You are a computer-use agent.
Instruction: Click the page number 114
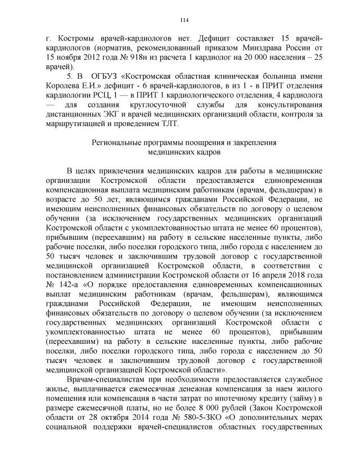pyautogui.click(x=183, y=21)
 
